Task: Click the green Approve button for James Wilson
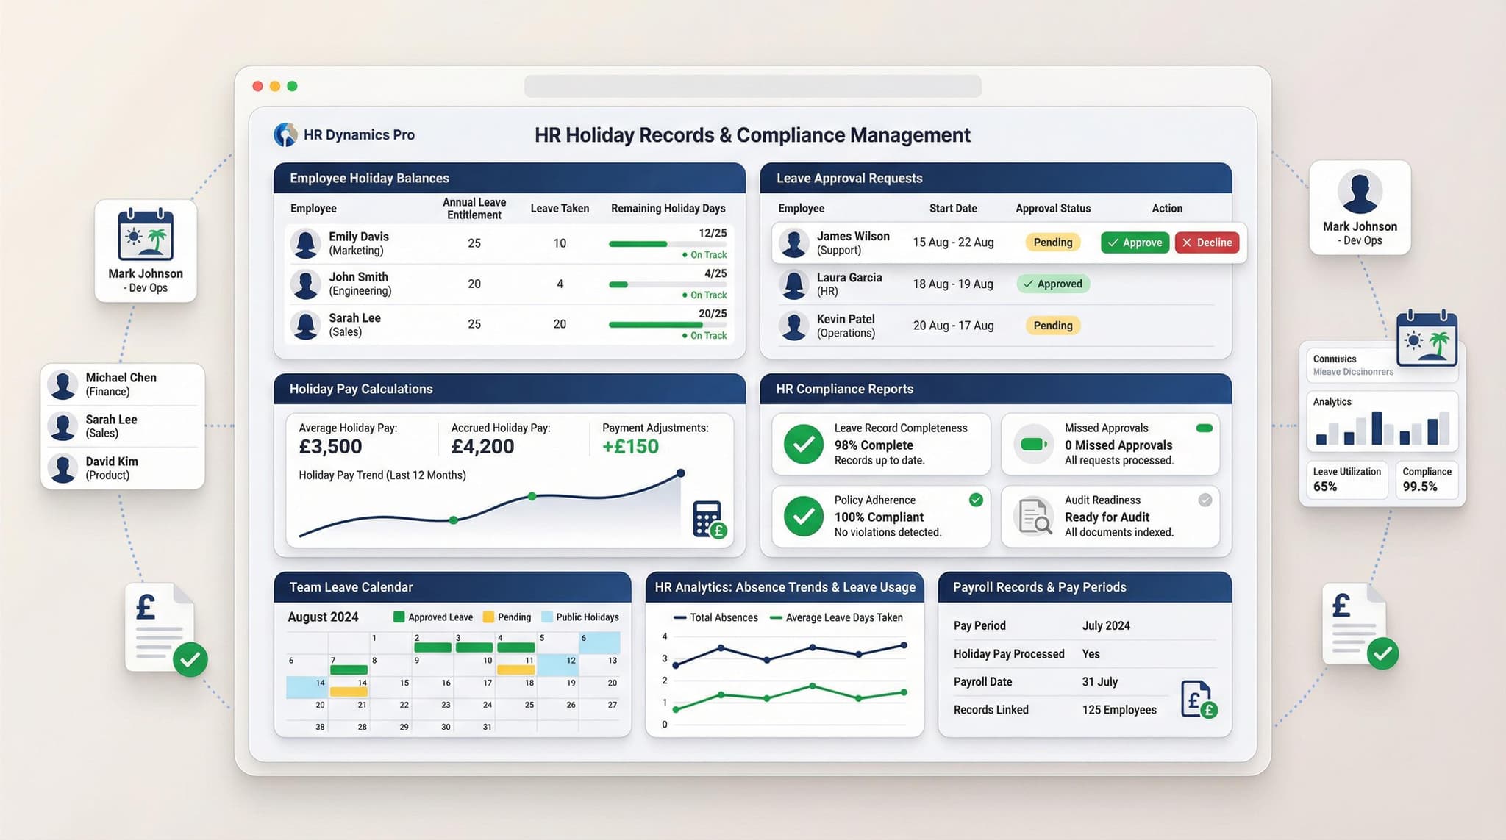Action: click(1135, 243)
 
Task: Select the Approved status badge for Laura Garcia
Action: click(1053, 284)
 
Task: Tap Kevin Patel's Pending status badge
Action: click(1052, 326)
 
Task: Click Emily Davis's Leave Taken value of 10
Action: click(560, 243)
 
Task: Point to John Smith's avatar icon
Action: click(305, 284)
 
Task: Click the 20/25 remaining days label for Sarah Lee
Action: click(712, 314)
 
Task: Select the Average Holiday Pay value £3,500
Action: click(330, 446)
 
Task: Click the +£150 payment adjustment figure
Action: click(630, 446)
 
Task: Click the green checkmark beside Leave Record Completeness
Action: click(803, 444)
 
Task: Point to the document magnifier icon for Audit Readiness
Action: click(1034, 516)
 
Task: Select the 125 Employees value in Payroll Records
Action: click(1118, 710)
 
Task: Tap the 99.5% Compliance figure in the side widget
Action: click(1419, 487)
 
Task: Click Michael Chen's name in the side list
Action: click(121, 378)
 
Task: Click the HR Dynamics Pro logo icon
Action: click(285, 134)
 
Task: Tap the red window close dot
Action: click(257, 86)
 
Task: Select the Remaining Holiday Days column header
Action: click(668, 209)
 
